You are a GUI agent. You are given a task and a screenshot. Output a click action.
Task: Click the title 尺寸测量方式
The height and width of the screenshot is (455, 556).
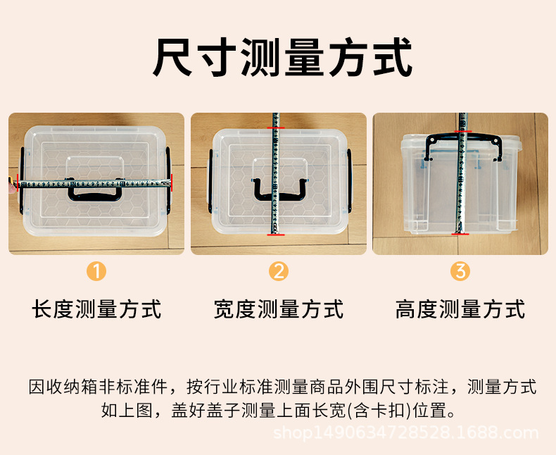283,57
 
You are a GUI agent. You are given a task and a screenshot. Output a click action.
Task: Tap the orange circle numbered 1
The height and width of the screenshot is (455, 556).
96,271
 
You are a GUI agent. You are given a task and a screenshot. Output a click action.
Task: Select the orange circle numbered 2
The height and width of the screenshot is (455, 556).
279,271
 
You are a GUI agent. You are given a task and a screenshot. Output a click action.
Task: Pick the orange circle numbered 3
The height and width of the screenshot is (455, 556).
460,271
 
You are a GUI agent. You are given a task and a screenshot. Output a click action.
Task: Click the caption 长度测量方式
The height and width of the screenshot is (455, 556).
96,309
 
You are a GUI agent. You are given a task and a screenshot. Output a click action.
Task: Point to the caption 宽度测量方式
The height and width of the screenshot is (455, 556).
279,309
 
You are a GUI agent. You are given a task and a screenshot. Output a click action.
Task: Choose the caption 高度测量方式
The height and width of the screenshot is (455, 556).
460,309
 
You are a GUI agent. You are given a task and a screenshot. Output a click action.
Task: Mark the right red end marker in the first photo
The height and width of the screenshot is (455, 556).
172,183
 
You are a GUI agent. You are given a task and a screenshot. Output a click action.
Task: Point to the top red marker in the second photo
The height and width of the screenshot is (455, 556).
276,127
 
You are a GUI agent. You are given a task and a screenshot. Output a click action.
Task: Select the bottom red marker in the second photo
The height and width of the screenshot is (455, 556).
276,235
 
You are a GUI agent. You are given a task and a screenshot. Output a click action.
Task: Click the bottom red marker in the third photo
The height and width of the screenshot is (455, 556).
460,234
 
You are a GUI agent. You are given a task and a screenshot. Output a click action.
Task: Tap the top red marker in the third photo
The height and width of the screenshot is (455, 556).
462,132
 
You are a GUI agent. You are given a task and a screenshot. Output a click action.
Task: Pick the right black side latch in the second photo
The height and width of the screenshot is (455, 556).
350,181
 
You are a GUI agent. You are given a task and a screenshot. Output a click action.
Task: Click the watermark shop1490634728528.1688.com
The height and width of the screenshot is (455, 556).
405,433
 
